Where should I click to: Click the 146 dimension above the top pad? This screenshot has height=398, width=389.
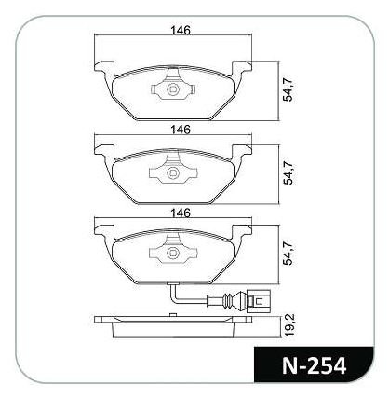click(x=180, y=31)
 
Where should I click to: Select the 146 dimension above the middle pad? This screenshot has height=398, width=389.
click(x=180, y=130)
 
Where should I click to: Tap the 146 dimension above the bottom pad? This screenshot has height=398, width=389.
click(x=180, y=213)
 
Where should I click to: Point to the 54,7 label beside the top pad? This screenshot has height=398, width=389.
click(x=288, y=90)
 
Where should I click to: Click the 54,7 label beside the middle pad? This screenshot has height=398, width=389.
click(x=288, y=173)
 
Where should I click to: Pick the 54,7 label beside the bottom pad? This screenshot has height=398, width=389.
click(x=288, y=254)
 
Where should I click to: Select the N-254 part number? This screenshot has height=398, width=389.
click(x=314, y=365)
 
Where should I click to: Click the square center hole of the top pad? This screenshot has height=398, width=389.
click(x=172, y=90)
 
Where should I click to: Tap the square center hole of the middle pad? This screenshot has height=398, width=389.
click(x=172, y=173)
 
